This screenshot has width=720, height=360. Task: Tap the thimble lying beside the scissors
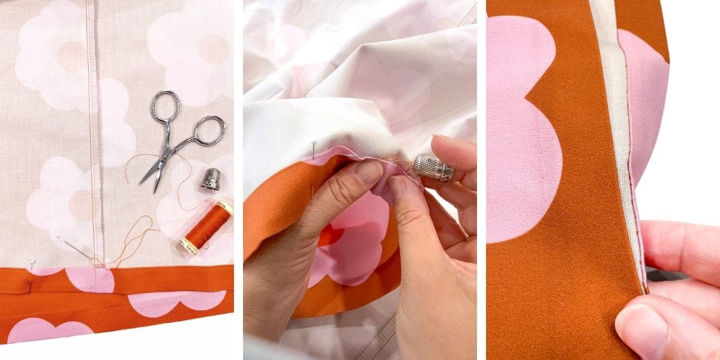[x=210, y=179]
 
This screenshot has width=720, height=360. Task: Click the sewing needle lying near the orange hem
[x=74, y=249]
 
